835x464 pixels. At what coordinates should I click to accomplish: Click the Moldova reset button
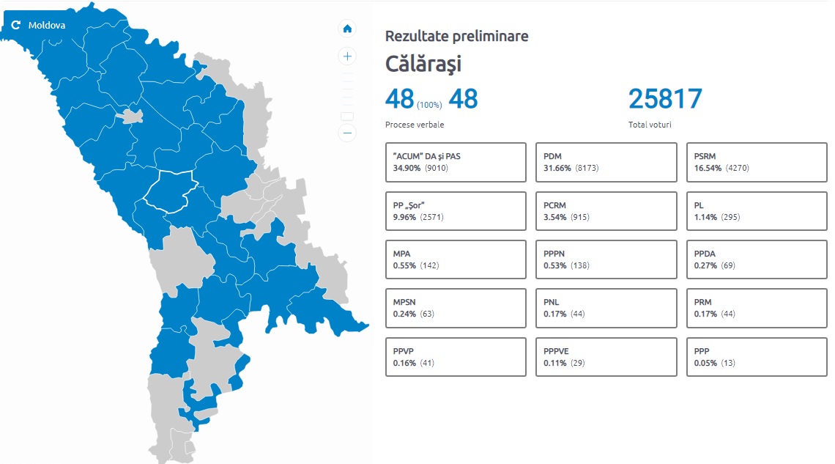pos(38,25)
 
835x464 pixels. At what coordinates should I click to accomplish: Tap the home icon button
pos(347,29)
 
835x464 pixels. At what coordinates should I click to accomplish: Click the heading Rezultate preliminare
pos(456,36)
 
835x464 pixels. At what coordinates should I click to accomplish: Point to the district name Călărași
pos(423,64)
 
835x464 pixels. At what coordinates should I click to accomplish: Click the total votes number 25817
pos(665,98)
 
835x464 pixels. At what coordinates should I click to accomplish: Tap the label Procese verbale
pos(415,125)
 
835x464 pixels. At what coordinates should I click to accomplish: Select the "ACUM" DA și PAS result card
pos(456,162)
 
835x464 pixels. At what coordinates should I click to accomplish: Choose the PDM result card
pos(606,162)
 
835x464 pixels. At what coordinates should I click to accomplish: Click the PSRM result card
pos(757,162)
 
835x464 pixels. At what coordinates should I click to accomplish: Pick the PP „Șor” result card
pos(456,211)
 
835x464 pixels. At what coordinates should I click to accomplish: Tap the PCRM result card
pos(606,211)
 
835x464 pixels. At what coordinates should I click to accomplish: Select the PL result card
pos(757,211)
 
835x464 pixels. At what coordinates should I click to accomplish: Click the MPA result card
pos(456,259)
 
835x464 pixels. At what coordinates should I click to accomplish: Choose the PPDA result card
pos(757,259)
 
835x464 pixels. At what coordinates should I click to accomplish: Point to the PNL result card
pos(606,308)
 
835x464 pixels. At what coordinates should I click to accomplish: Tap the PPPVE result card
pos(606,357)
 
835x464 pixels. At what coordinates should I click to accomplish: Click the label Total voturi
pos(650,125)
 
